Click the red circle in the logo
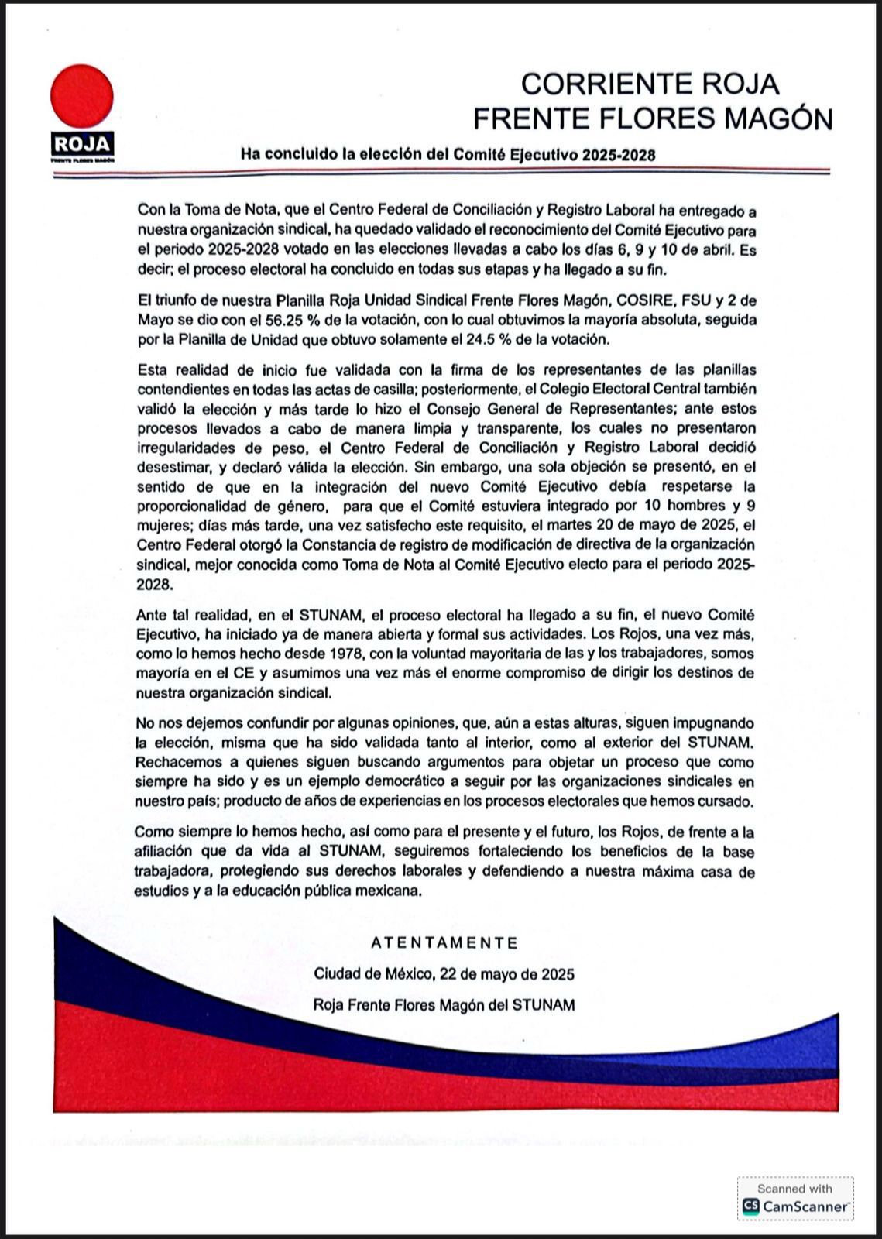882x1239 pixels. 82,96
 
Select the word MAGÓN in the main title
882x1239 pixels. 781,118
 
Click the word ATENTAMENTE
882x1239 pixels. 444,943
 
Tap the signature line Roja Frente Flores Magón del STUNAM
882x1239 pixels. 444,1005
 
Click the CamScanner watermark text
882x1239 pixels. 806,1206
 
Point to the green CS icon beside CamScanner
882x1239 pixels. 750,1206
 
